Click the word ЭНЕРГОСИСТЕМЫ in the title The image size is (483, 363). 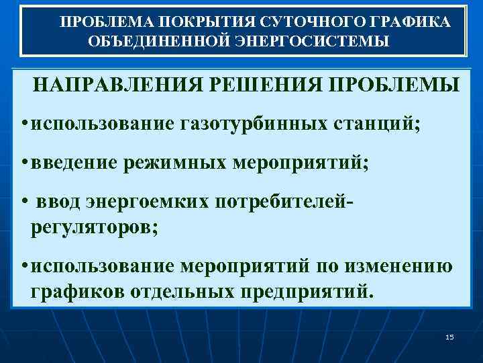[x=312, y=41]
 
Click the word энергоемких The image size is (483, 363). [x=148, y=202]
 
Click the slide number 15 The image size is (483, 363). [x=449, y=336]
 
